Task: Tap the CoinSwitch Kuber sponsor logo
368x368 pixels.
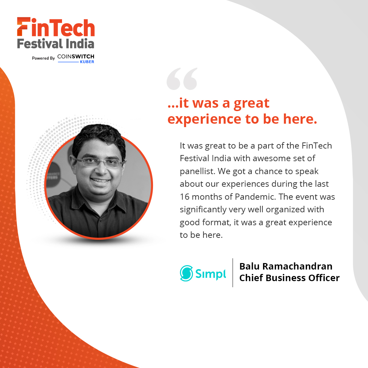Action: click(x=76, y=58)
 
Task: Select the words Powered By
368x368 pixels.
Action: click(x=43, y=58)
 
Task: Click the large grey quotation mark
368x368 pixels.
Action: click(x=182, y=79)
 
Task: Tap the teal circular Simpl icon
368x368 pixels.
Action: click(x=186, y=273)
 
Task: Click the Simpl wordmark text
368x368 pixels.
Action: click(x=211, y=274)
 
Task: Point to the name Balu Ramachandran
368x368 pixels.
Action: click(x=286, y=266)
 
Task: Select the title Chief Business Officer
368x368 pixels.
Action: click(x=289, y=278)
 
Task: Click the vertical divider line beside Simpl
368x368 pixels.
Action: click(x=233, y=273)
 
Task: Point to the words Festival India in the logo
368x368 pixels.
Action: click(x=56, y=43)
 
